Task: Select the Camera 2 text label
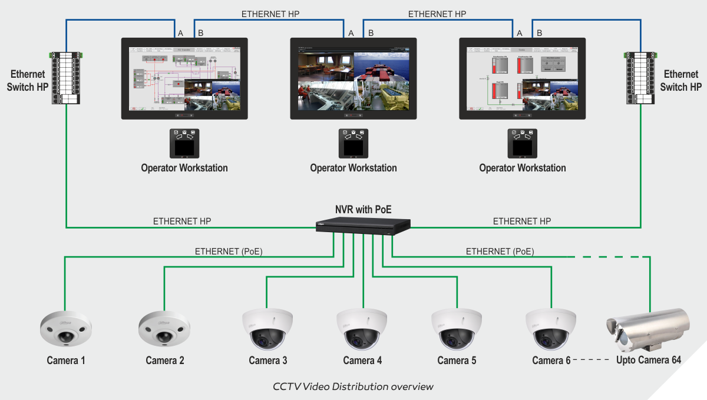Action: point(165,361)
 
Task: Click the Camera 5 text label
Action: point(457,361)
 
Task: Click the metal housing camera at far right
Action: point(646,330)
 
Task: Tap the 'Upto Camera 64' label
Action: point(648,360)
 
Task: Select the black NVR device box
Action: point(363,225)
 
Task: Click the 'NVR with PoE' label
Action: point(363,209)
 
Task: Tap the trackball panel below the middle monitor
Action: point(353,143)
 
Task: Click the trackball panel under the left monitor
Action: point(184,143)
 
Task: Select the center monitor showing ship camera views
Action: point(353,78)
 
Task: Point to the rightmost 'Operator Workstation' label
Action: point(522,168)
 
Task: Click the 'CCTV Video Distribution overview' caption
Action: point(353,386)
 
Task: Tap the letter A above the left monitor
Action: point(181,33)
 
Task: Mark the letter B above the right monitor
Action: point(539,33)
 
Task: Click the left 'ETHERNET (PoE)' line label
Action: point(229,251)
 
